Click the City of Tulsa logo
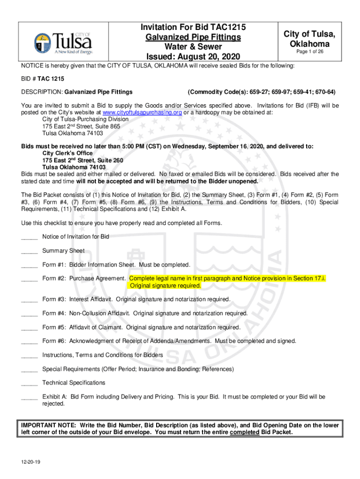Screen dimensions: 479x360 pyautogui.click(x=63, y=42)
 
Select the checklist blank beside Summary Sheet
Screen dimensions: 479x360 pyautogui.click(x=29, y=251)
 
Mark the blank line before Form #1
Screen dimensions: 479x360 pyautogui.click(x=29, y=265)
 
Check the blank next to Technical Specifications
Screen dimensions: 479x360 pyautogui.click(x=29, y=383)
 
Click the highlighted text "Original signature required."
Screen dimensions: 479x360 pyautogui.click(x=166, y=285)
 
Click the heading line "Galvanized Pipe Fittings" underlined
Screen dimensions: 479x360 pyautogui.click(x=193, y=37)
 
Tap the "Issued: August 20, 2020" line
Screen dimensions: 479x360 pyautogui.click(x=193, y=57)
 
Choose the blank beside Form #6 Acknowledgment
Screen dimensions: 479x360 pyautogui.click(x=29, y=341)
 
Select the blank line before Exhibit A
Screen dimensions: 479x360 pyautogui.click(x=29, y=397)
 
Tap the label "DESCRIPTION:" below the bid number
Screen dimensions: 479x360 pyautogui.click(x=42, y=92)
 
